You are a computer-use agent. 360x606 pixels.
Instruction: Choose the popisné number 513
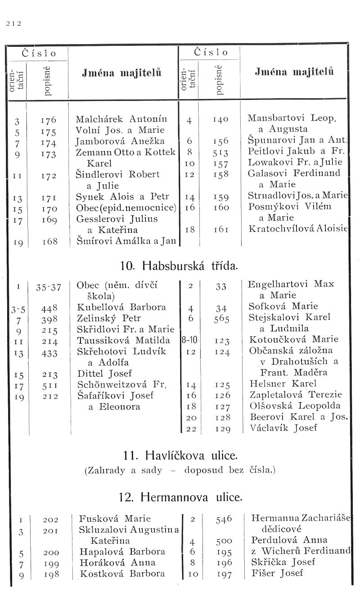[220, 152]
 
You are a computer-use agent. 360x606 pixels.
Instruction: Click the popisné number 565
[220, 319]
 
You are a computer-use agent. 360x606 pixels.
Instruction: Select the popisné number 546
[224, 519]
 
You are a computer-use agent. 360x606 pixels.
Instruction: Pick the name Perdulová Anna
[289, 540]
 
